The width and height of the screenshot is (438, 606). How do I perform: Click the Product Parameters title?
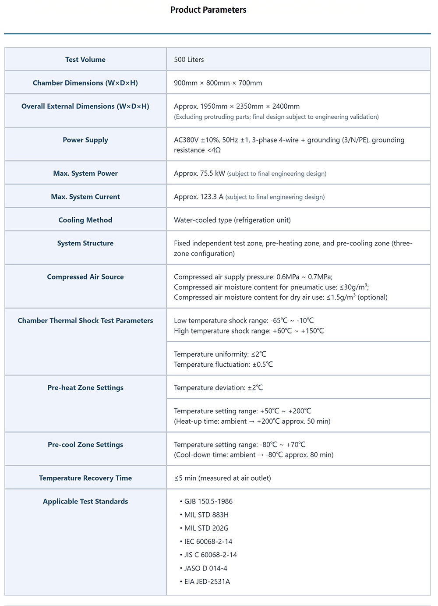tap(208, 10)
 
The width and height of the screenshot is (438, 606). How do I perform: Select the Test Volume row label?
tap(85, 60)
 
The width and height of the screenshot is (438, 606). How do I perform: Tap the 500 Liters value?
tap(189, 60)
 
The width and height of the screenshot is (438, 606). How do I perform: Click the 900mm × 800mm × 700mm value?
tap(218, 83)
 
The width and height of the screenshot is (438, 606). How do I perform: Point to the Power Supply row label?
tap(85, 140)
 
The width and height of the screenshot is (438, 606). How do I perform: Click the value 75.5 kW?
tap(212, 174)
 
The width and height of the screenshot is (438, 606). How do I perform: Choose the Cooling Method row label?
tap(85, 220)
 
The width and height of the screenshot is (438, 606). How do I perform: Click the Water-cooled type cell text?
tap(232, 220)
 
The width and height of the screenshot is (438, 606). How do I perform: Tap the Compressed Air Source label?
tap(85, 277)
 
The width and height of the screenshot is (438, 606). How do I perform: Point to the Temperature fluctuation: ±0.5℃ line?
tap(223, 365)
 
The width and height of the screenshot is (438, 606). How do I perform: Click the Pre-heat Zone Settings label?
tap(85, 388)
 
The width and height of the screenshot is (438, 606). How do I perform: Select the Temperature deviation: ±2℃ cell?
tap(218, 388)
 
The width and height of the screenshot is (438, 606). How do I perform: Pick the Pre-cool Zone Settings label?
tap(85, 445)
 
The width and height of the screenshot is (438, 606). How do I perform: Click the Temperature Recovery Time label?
tap(85, 478)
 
